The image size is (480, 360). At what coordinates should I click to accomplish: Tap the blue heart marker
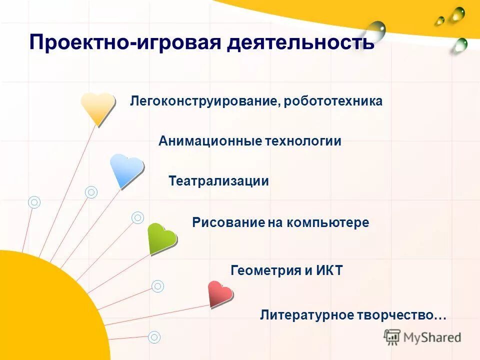pos(126,169)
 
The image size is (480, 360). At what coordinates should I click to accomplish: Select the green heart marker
pos(162,237)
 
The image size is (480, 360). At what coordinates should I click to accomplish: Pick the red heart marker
pos(220,293)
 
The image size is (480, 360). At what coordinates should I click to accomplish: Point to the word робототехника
pos(333,101)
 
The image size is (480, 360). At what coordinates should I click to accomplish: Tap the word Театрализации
pos(218,181)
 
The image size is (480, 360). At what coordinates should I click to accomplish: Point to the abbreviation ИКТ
pos(329,271)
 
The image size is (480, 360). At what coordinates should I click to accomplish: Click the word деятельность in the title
pos(300,42)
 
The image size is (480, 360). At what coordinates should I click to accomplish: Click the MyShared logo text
pos(432,337)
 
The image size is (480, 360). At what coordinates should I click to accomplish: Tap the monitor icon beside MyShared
pos(392,337)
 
